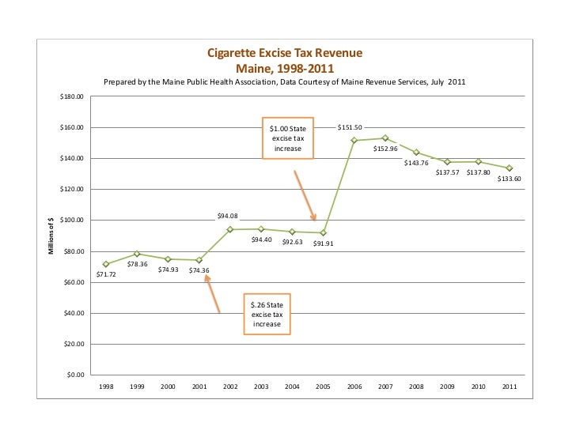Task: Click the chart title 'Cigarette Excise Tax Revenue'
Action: click(x=285, y=53)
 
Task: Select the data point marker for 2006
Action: click(x=354, y=141)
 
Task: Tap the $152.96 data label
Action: click(x=385, y=149)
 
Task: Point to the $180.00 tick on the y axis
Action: click(x=72, y=97)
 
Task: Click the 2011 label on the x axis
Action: click(x=509, y=387)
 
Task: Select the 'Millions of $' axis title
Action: click(x=51, y=236)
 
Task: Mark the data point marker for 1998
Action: click(x=106, y=264)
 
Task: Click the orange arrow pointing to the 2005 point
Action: click(x=305, y=196)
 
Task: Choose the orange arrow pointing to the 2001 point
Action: click(x=212, y=292)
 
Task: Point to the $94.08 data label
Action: click(x=228, y=216)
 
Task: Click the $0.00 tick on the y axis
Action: click(x=75, y=375)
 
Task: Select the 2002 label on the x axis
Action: click(x=230, y=387)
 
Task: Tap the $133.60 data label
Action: click(x=509, y=179)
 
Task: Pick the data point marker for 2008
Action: click(x=416, y=153)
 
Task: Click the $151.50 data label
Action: click(x=349, y=126)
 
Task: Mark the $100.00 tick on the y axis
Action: click(x=72, y=221)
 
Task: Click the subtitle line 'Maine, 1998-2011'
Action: click(x=285, y=67)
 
